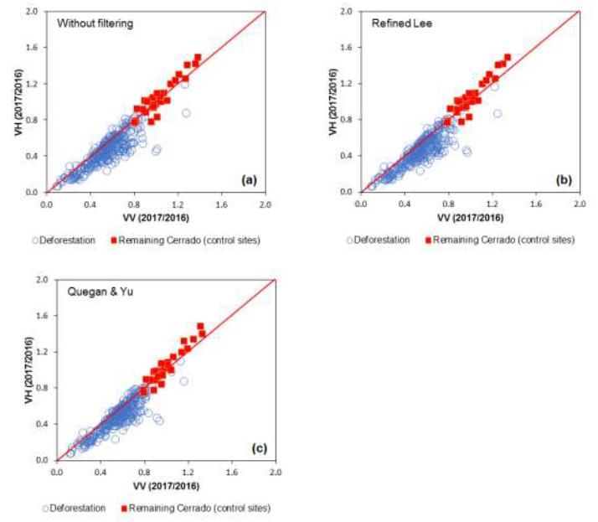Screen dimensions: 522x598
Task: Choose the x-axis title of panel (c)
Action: (x=166, y=485)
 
